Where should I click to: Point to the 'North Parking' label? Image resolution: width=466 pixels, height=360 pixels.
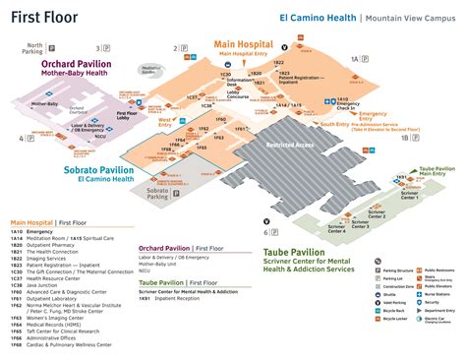[x=35, y=47]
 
